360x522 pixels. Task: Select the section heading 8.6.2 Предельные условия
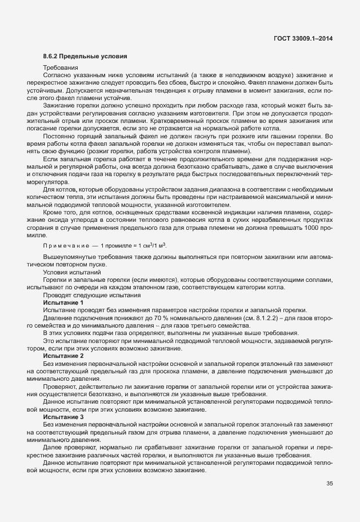81,56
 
